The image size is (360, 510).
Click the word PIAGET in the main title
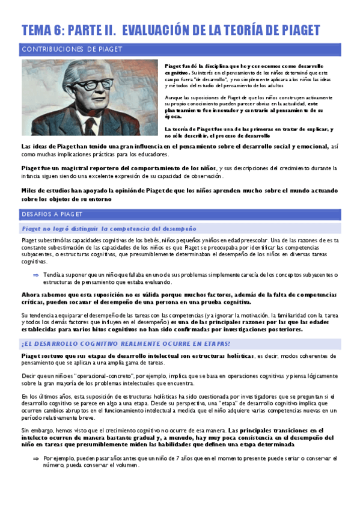(x=296, y=30)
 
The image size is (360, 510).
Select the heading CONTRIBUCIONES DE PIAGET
(x=72, y=49)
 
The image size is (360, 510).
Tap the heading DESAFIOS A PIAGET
(x=53, y=214)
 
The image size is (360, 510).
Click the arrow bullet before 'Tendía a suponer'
(x=35, y=274)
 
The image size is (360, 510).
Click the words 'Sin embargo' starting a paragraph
(x=37, y=431)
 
